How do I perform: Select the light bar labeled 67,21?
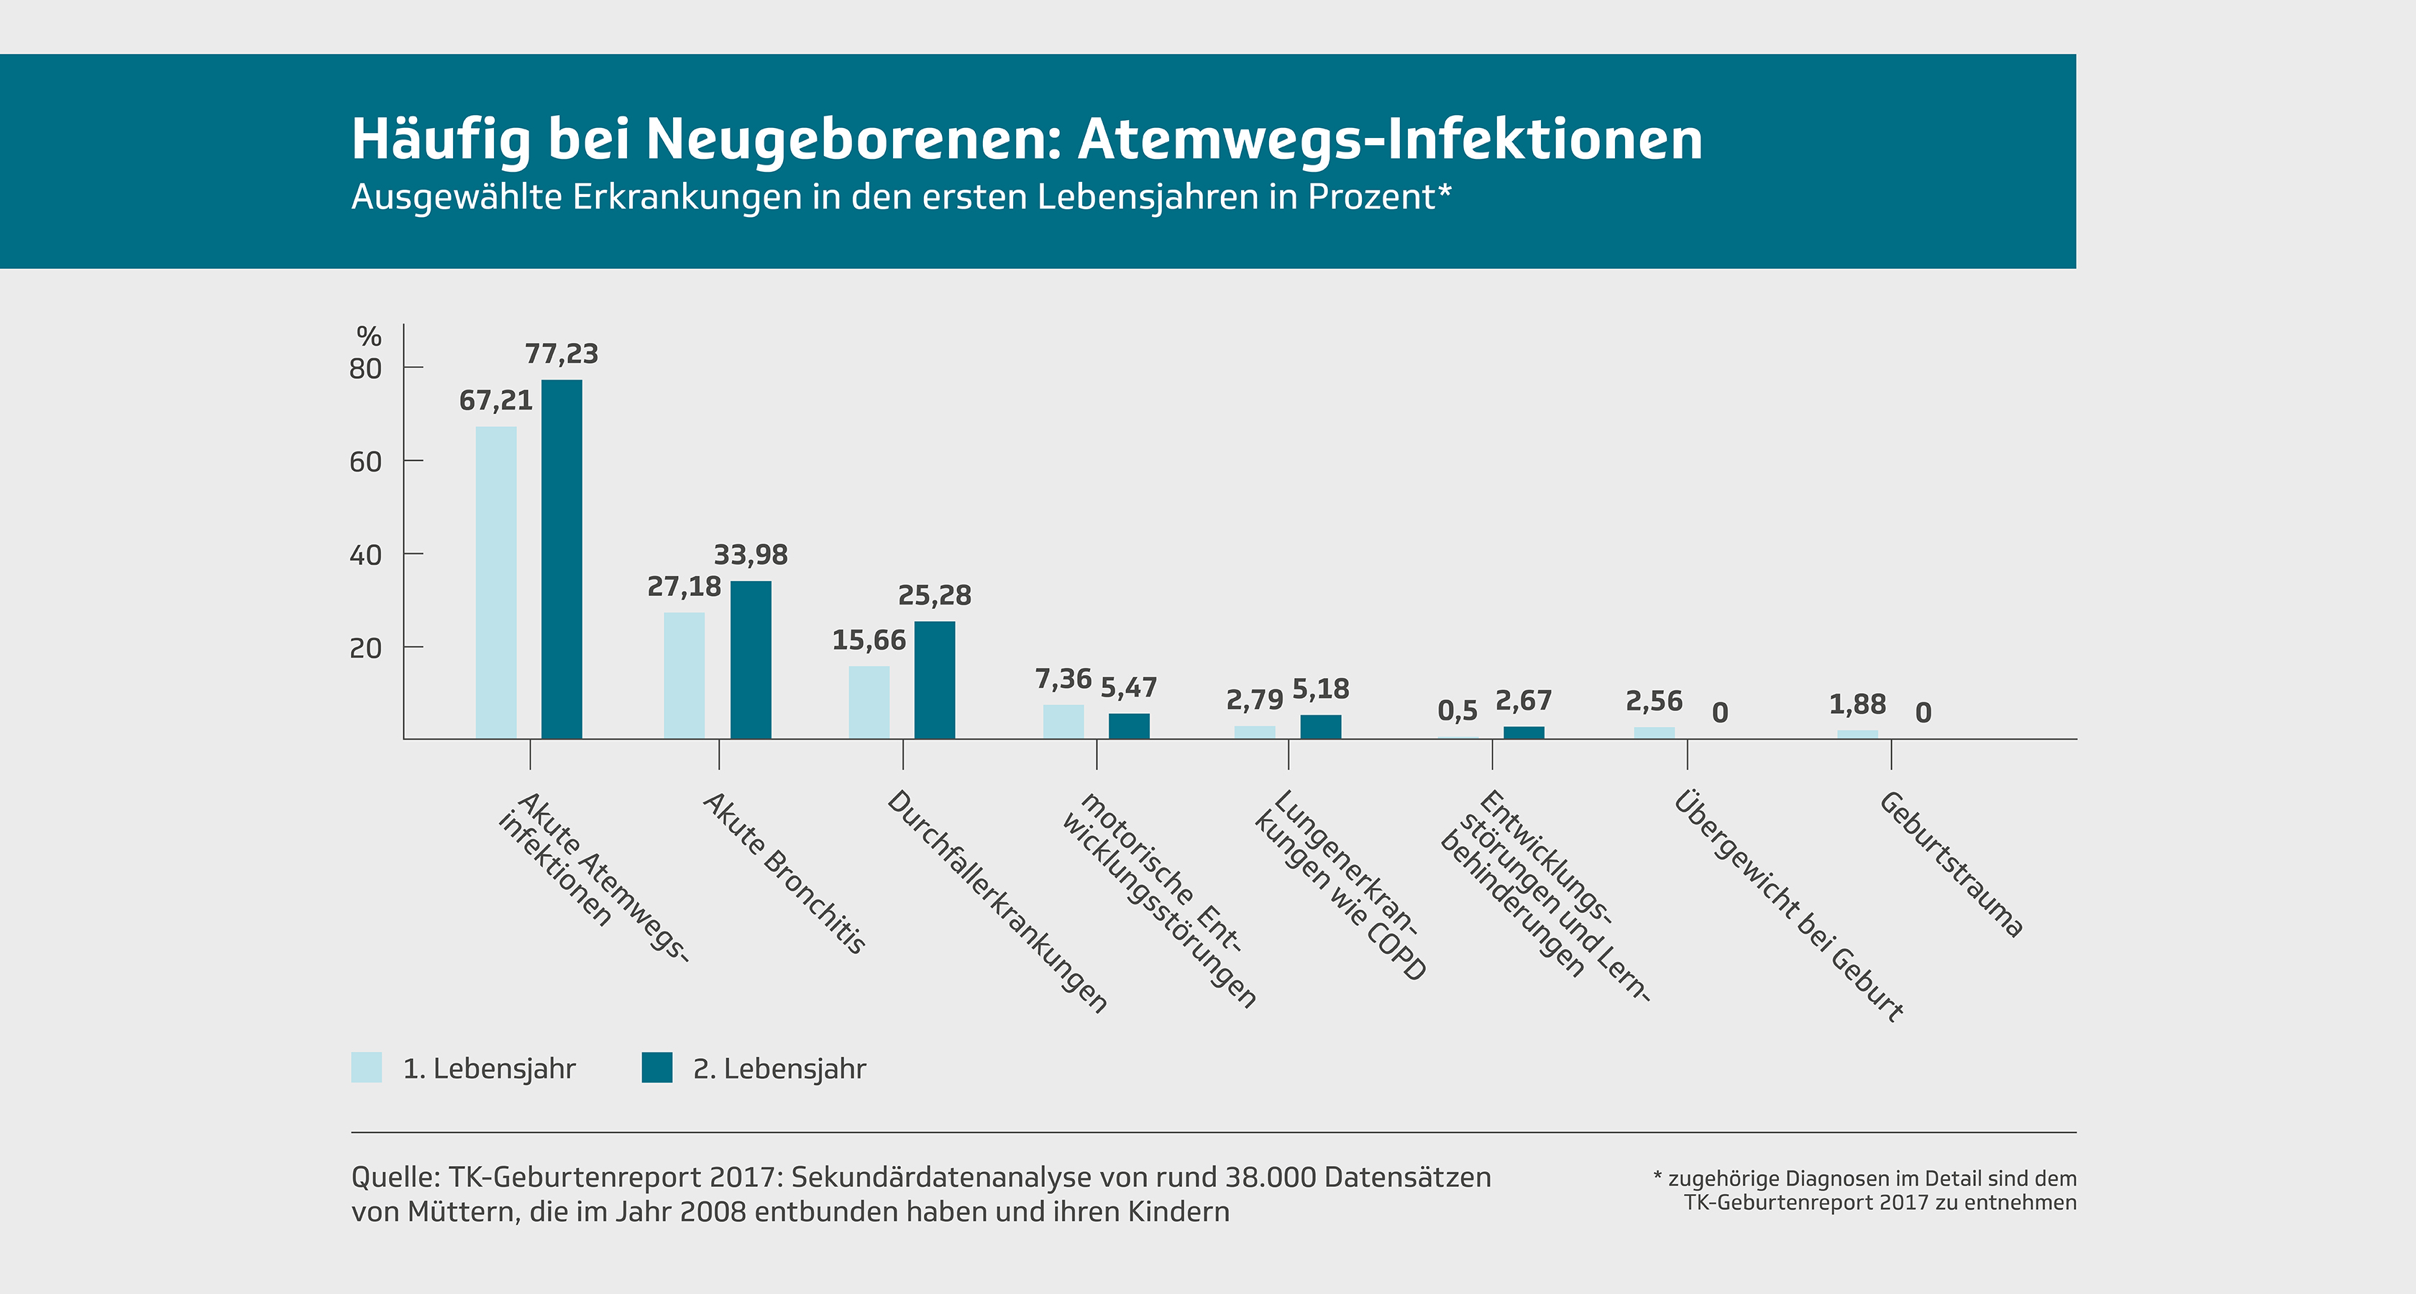coord(496,582)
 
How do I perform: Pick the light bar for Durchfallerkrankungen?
coord(869,702)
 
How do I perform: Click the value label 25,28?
coord(934,595)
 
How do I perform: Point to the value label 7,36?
coord(1063,679)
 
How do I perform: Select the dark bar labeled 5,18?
coord(1321,727)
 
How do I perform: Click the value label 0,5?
coord(1457,711)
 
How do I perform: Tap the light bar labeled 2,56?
coord(1655,733)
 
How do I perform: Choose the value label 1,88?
coord(1857,705)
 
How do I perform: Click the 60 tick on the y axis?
coord(366,462)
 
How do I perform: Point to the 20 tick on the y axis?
coord(366,648)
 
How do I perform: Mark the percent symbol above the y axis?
coord(369,336)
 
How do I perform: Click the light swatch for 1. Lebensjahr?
coord(367,1068)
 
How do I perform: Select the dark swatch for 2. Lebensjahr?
coord(656,1068)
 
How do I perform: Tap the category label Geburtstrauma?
coord(1951,865)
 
